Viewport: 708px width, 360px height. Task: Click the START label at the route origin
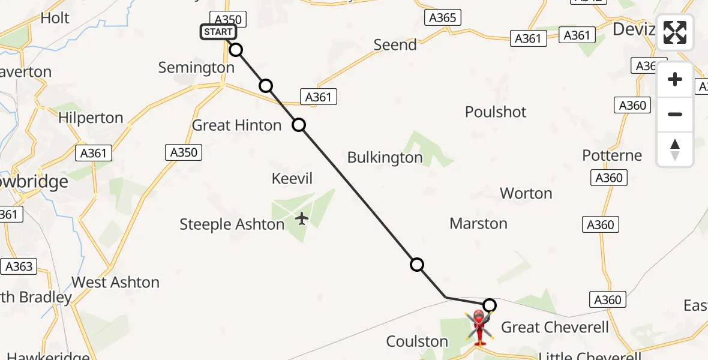pos(218,32)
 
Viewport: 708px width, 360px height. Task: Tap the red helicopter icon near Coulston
pos(479,326)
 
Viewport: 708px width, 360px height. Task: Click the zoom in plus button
pos(675,79)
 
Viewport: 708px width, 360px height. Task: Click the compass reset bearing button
pos(675,149)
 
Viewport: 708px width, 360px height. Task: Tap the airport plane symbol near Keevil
pos(302,218)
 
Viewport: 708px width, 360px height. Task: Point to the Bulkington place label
pos(385,157)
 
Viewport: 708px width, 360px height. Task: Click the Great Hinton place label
pos(236,125)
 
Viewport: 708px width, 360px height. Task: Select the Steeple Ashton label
pos(232,224)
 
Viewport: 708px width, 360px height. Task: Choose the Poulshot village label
pos(496,112)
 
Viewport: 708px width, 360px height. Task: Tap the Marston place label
pos(478,224)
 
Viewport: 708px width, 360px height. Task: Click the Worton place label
pos(526,193)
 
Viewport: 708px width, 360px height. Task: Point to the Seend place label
pos(395,45)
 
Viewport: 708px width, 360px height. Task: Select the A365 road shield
pos(443,18)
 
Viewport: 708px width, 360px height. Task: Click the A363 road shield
pos(19,266)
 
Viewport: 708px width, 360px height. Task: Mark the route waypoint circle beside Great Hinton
pos(299,125)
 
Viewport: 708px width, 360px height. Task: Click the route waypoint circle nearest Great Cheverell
pos(490,305)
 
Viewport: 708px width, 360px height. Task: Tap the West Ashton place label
pos(115,282)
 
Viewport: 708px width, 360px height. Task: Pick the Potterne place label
pos(612,155)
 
